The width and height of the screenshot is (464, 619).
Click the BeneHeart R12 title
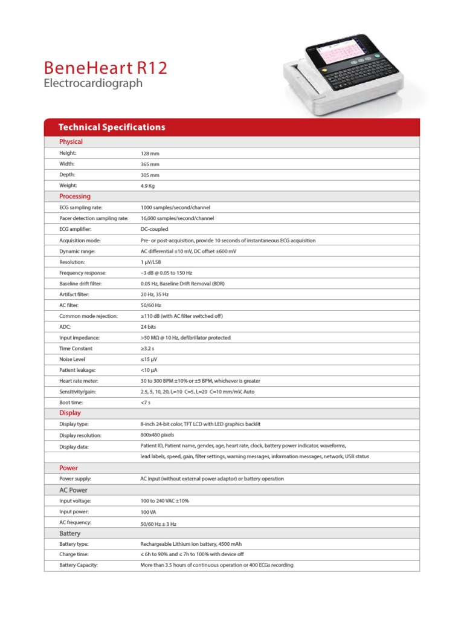point(105,67)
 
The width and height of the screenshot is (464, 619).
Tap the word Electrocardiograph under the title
point(93,83)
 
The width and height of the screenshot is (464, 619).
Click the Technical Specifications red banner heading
point(112,128)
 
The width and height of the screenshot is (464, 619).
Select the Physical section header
point(71,141)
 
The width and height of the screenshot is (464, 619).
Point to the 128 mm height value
point(150,154)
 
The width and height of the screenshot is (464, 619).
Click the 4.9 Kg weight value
point(148,186)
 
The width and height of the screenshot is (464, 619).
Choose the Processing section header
point(75,196)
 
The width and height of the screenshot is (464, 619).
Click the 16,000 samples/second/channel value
point(176,218)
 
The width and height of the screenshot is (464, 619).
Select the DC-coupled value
point(154,229)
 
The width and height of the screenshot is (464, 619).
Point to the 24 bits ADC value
point(149,326)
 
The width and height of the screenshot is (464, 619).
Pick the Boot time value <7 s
point(146,402)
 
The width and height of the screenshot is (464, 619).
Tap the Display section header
point(70,413)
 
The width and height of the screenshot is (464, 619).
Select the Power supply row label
point(76,479)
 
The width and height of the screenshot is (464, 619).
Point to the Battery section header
point(70,534)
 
